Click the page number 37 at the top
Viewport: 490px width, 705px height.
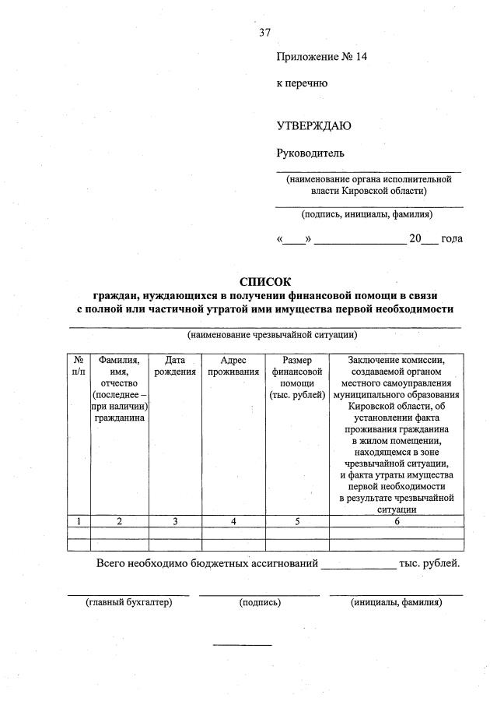(265, 32)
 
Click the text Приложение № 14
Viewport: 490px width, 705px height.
(320, 57)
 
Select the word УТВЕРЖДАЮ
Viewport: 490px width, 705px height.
(314, 125)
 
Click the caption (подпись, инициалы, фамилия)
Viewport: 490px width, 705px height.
(367, 213)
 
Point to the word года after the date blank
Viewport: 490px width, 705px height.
(451, 238)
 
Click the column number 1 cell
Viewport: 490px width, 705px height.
(79, 521)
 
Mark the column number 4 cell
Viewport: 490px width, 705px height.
(233, 521)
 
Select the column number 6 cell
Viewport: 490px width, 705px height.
(397, 521)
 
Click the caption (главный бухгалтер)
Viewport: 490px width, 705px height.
(128, 602)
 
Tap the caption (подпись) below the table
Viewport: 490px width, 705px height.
(260, 602)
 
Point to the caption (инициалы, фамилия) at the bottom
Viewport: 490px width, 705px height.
(397, 602)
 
